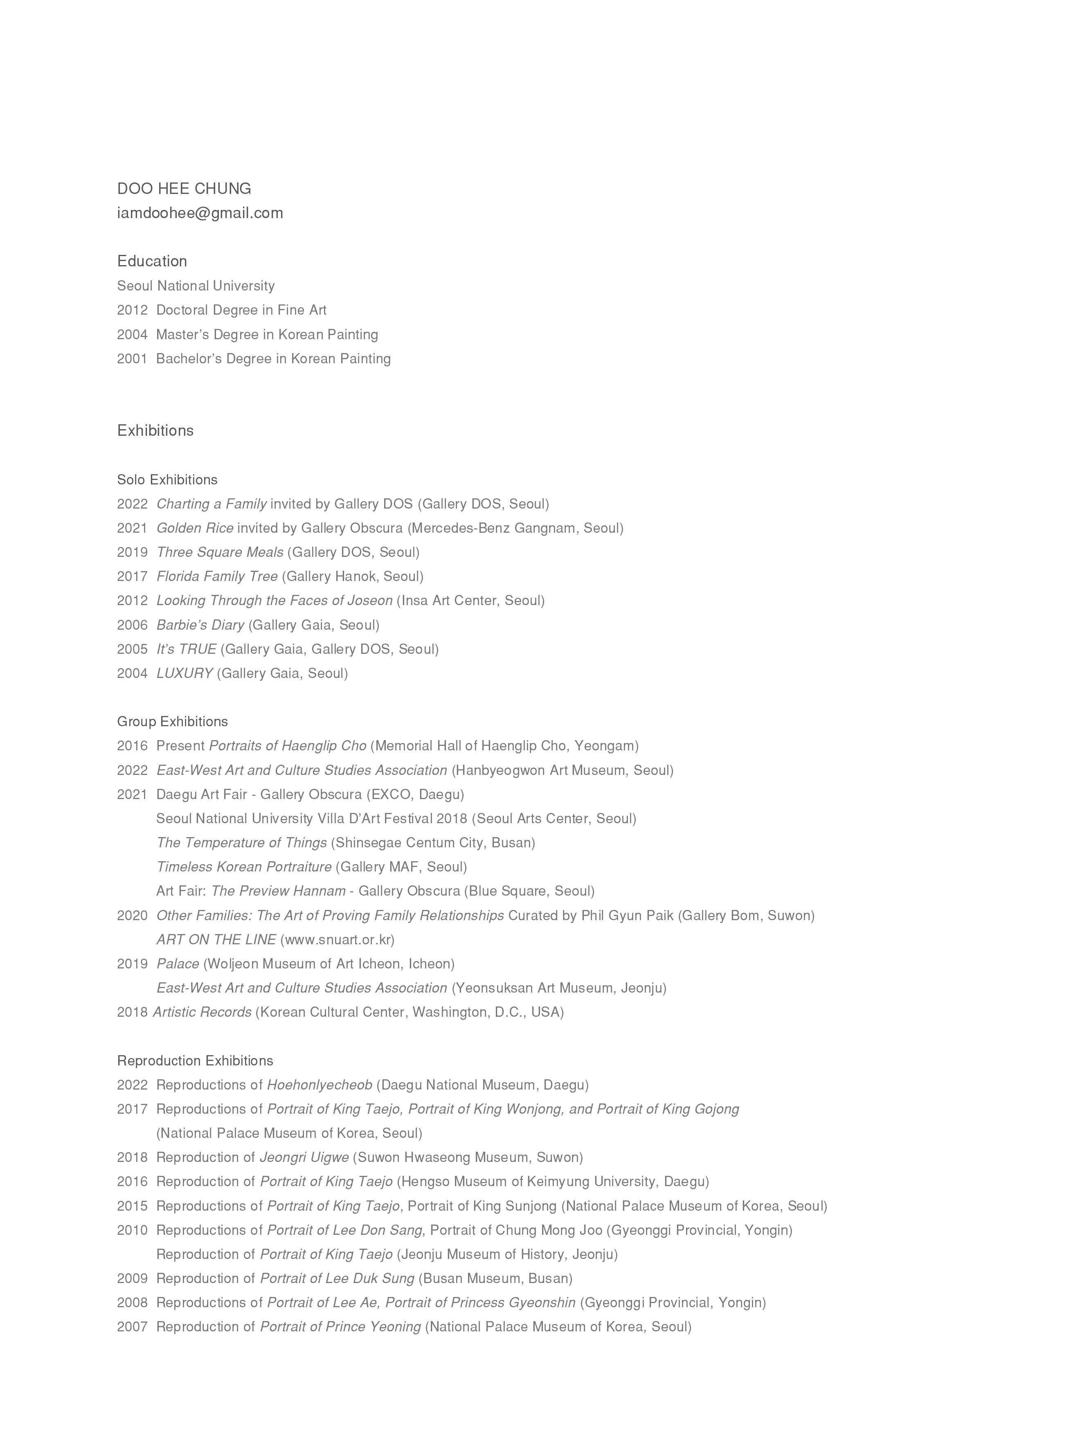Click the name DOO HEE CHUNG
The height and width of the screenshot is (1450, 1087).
pos(184,189)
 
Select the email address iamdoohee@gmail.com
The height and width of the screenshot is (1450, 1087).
pos(200,213)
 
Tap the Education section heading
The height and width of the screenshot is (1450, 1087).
pos(152,261)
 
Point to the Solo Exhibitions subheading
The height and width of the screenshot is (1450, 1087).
pos(167,480)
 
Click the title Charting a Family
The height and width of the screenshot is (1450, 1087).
pos(211,504)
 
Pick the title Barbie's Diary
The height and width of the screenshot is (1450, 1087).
pos(200,625)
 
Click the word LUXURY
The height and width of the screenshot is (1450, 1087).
pos(184,673)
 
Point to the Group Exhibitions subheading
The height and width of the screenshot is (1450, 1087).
pos(172,722)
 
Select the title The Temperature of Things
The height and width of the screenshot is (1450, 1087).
pos(241,843)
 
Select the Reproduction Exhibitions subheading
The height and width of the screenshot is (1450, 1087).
pos(195,1060)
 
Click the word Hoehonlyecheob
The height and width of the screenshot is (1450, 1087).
pos(319,1085)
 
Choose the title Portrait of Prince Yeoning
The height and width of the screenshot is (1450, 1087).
pos(340,1327)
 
